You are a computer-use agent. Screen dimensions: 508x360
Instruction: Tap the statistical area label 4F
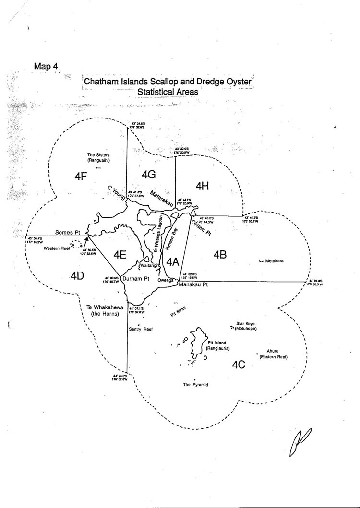click(x=80, y=176)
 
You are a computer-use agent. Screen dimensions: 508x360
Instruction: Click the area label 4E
click(x=120, y=255)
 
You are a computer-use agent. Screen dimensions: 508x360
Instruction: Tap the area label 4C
click(x=239, y=365)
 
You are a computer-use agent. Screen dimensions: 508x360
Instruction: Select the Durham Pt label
click(x=137, y=278)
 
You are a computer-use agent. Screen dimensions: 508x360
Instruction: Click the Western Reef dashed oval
click(x=76, y=244)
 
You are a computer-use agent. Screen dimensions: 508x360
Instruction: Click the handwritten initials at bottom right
click(x=298, y=442)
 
